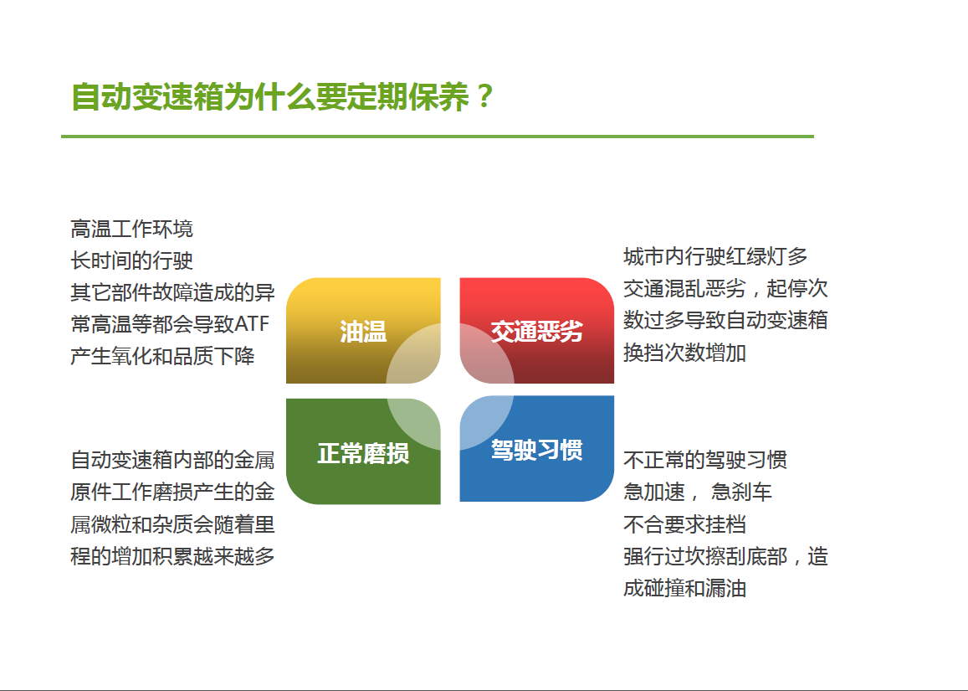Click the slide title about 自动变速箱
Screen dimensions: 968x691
282,96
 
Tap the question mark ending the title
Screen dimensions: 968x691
485,96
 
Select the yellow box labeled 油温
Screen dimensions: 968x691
363,331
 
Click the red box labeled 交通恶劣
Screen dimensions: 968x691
536,331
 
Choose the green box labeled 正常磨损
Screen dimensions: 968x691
363,451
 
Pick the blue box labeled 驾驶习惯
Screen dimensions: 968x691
536,449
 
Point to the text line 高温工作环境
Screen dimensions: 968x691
131,229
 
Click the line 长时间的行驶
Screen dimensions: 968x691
131,260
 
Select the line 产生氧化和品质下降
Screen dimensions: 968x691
162,356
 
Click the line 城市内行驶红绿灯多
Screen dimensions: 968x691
715,256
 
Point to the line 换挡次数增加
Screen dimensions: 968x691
684,353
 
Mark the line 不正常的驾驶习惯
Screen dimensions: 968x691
705,460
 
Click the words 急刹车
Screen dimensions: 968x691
741,492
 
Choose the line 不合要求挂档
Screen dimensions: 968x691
684,524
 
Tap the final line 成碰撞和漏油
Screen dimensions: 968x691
684,589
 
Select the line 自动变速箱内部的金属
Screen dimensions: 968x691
172,460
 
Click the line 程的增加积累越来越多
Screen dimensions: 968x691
172,556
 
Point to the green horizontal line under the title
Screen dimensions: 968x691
437,136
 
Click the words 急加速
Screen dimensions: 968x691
654,492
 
